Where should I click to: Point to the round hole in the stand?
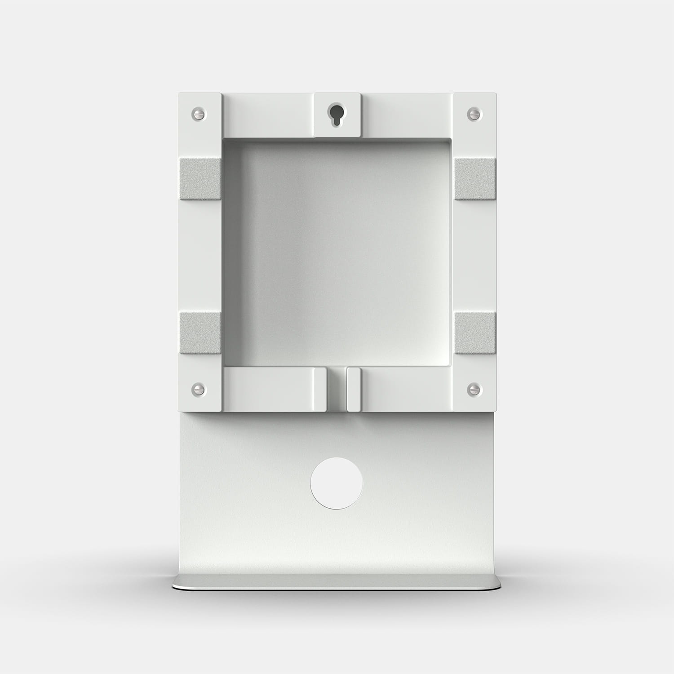click(x=337, y=483)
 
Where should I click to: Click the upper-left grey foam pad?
click(x=200, y=179)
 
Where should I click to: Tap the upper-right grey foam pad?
click(x=474, y=179)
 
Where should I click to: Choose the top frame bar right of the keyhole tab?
click(x=406, y=114)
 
